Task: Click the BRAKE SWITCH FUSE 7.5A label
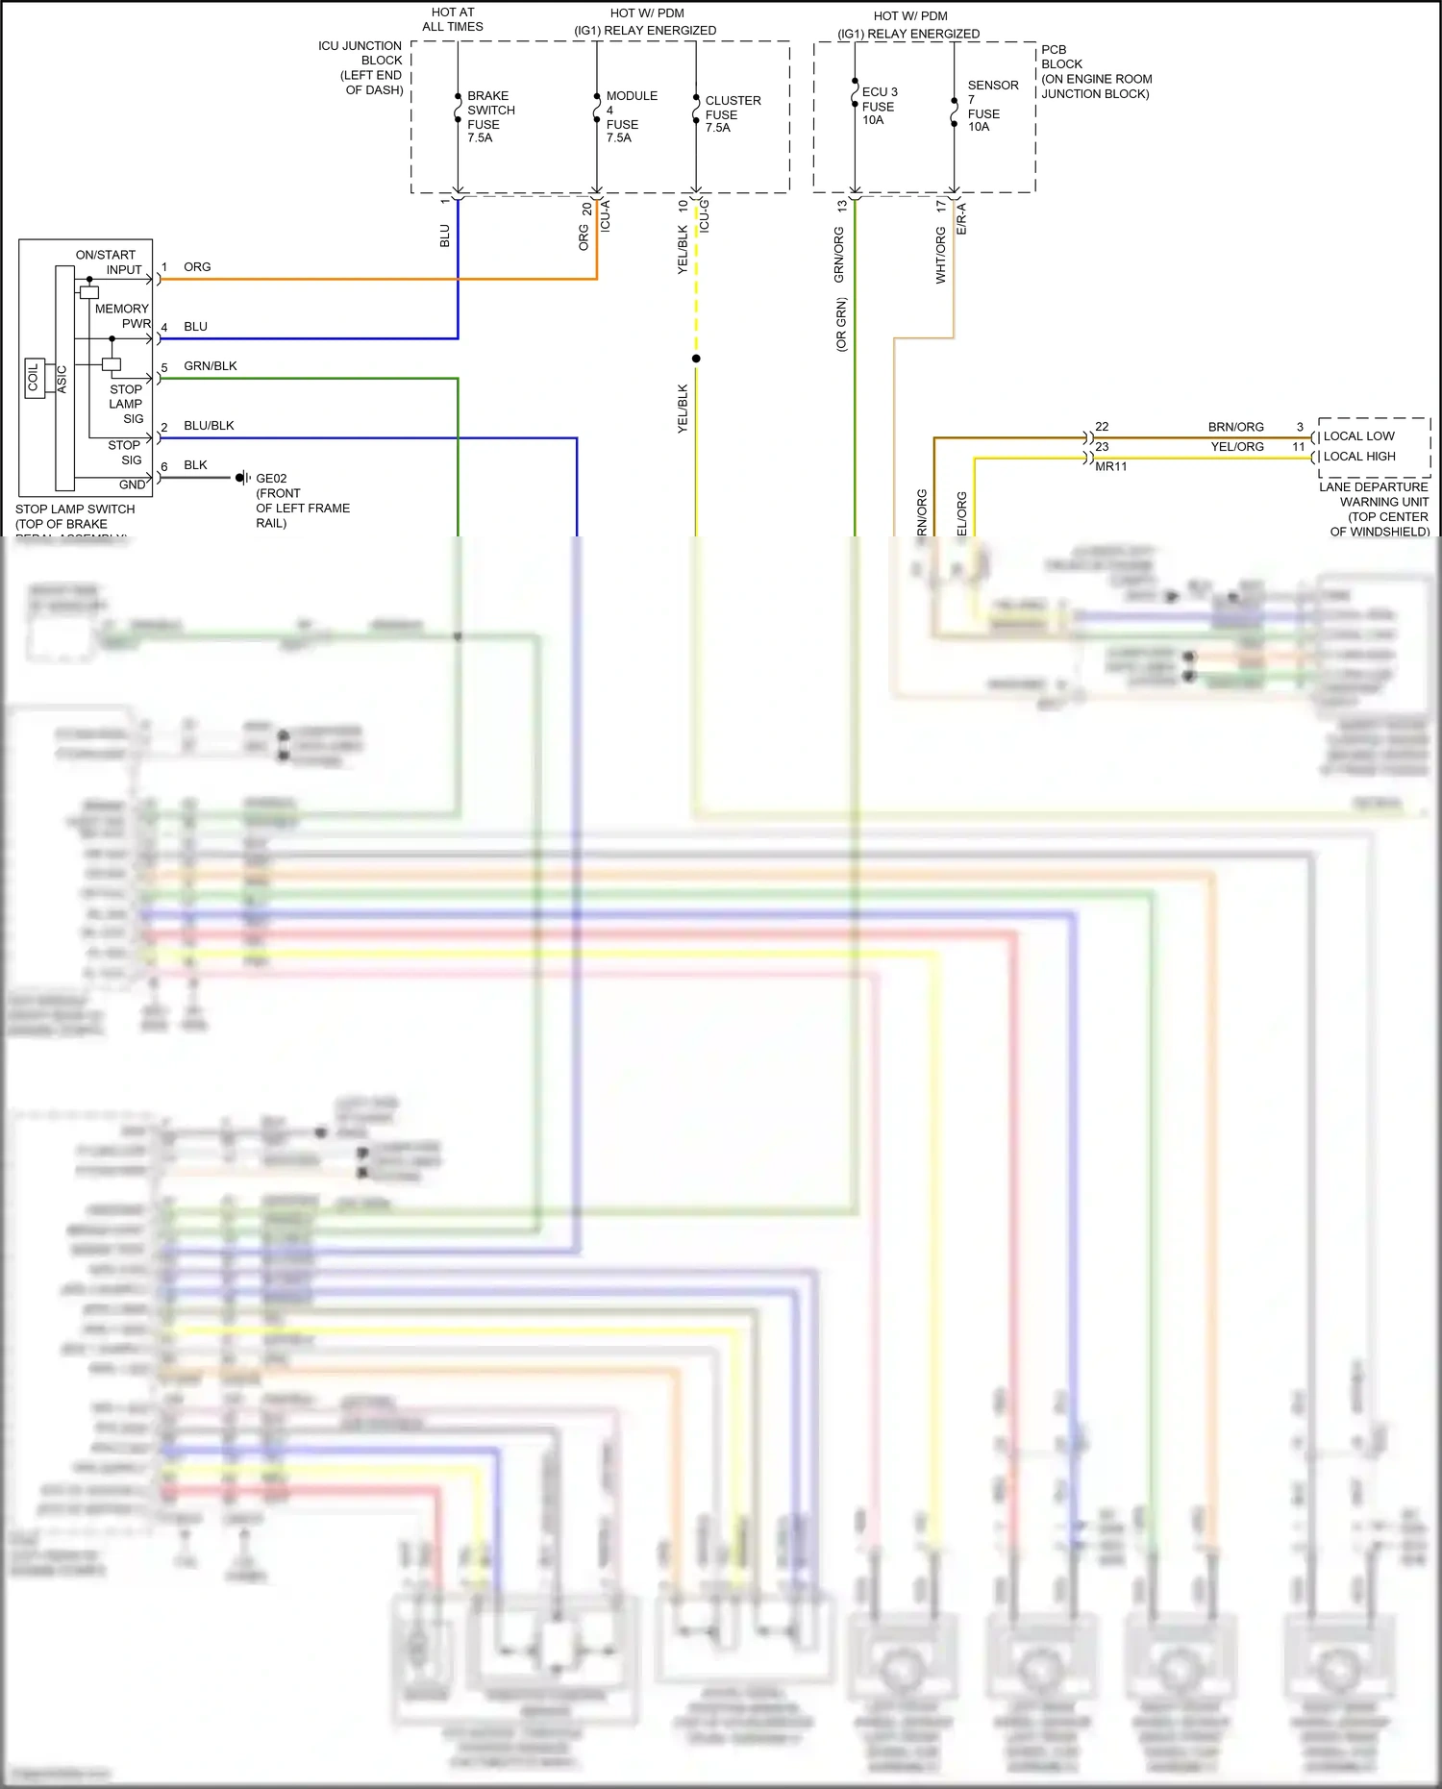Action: [490, 117]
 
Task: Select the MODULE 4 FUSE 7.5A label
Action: [631, 117]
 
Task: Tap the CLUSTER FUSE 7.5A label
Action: [732, 113]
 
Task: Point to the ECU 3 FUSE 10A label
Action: [879, 106]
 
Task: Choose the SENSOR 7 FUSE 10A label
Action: [992, 106]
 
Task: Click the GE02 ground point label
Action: [271, 479]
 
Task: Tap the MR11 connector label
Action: [1110, 467]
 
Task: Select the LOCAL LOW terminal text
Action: [1358, 436]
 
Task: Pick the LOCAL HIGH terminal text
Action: [1359, 457]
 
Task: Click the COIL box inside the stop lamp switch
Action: [34, 378]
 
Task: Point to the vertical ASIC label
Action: [62, 379]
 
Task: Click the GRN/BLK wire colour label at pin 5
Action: [211, 366]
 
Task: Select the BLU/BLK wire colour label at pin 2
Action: [209, 426]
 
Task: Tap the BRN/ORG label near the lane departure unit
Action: [1235, 427]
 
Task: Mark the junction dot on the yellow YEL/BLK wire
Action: [696, 359]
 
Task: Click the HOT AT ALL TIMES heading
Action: [453, 19]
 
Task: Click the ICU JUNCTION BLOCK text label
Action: [360, 67]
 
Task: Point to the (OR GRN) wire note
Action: [842, 324]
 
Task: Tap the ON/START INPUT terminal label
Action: [109, 262]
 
